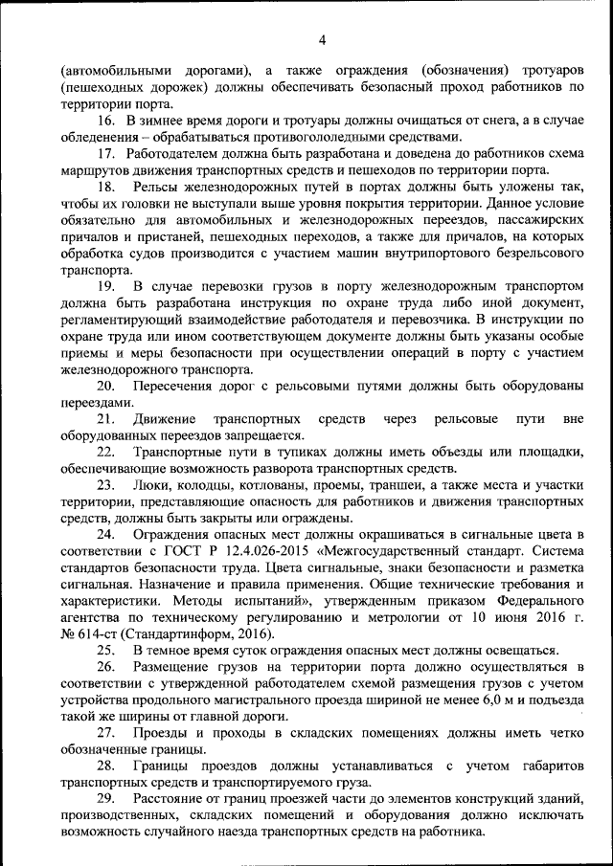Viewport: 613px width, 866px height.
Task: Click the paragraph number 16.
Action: coord(106,120)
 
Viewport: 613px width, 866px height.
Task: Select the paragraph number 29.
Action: coord(106,799)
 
